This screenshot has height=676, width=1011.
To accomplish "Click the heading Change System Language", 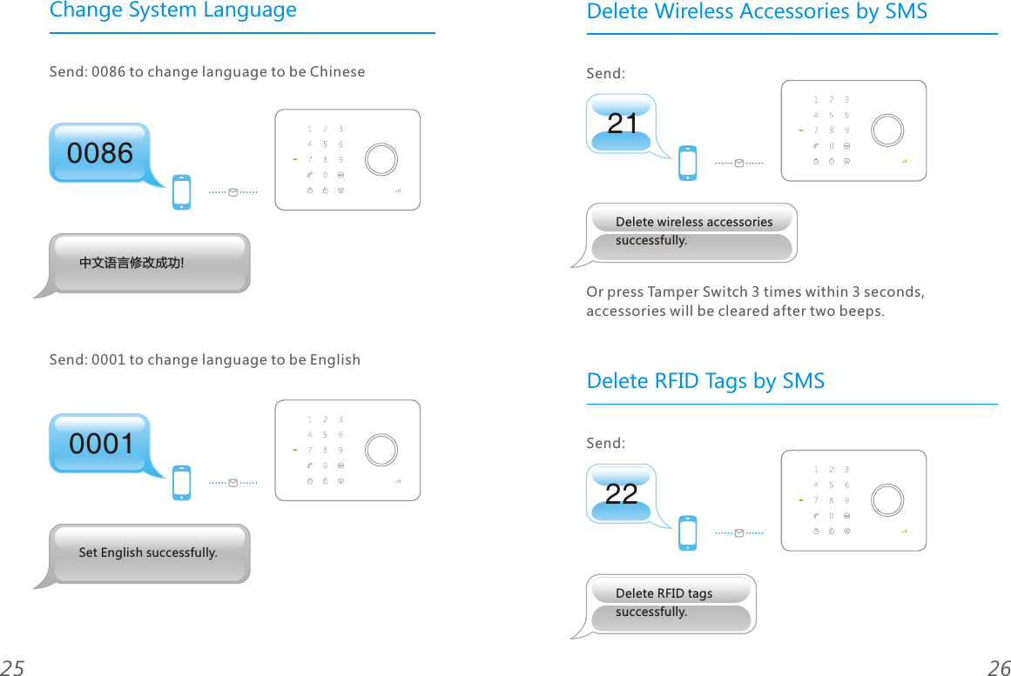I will click(x=172, y=11).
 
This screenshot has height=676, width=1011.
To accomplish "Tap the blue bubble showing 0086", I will click(x=100, y=153).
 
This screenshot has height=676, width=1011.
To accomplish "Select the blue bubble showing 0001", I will click(x=101, y=444).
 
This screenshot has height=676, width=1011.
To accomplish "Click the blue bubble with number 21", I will click(x=622, y=124).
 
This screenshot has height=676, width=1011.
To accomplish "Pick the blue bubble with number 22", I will click(x=622, y=494).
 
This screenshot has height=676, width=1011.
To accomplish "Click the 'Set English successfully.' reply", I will click(x=148, y=553).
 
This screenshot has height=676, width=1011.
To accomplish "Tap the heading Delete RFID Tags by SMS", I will click(x=705, y=381).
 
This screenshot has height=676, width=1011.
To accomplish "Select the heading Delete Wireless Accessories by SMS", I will click(x=757, y=12).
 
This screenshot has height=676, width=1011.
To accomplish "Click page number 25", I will click(x=12, y=667).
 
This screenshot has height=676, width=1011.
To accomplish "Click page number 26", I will click(x=999, y=667).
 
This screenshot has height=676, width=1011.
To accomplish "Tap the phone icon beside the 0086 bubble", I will click(x=181, y=192).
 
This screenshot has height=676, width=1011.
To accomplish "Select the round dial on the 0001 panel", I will click(x=381, y=450).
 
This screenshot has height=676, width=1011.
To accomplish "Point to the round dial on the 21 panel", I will click(x=887, y=131).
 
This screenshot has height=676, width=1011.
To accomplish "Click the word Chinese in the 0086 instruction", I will click(x=337, y=72).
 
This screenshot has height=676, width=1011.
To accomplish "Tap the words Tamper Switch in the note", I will click(x=697, y=291).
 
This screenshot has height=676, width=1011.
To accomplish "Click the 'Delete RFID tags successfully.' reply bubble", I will click(x=671, y=603).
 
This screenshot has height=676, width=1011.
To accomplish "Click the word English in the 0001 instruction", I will click(x=334, y=360).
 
